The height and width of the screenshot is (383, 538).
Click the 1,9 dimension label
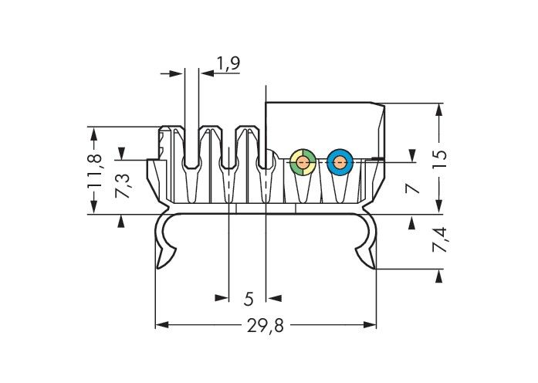coord(228,63)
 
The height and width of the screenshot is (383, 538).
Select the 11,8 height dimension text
coord(94,171)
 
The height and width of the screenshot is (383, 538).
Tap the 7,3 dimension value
coord(123,185)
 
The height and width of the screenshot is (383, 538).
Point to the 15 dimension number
coord(439,159)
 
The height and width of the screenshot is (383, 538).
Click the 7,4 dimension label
coord(439,239)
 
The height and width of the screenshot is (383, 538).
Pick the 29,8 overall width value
coord(266,325)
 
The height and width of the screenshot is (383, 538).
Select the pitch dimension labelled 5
coord(249,299)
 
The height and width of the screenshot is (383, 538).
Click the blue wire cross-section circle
coord(340,161)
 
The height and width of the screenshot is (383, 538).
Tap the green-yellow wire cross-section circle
coord(303,161)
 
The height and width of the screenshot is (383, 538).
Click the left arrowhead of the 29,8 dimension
coord(162,324)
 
